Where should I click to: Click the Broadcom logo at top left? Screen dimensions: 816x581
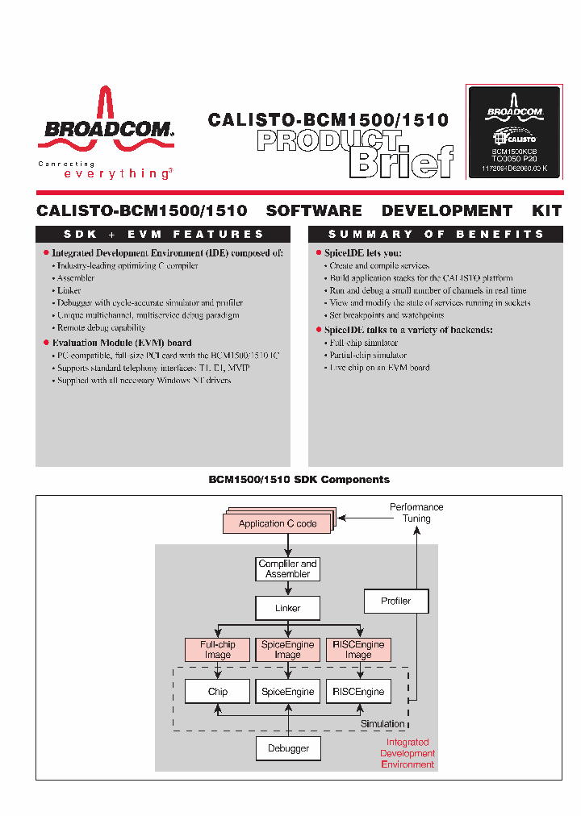pyautogui.click(x=105, y=129)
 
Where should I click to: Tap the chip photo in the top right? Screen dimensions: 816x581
pyautogui.click(x=514, y=131)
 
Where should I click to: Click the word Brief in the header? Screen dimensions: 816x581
pyautogui.click(x=400, y=162)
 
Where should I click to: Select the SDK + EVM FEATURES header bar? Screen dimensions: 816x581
pyautogui.click(x=164, y=235)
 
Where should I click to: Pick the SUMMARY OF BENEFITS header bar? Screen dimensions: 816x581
pyautogui.click(x=436, y=235)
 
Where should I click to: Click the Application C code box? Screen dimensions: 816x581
pyautogui.click(x=278, y=523)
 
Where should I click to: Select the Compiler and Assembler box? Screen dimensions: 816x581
pyautogui.click(x=288, y=568)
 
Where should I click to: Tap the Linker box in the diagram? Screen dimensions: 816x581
pyautogui.click(x=288, y=608)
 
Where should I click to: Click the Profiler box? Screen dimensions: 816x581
pyautogui.click(x=395, y=601)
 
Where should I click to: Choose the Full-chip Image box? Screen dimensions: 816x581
pyautogui.click(x=217, y=650)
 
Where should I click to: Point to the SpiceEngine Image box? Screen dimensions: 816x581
pyautogui.click(x=288, y=650)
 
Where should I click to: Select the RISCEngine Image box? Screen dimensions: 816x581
pyautogui.click(x=358, y=650)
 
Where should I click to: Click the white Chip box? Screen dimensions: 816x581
pyautogui.click(x=217, y=692)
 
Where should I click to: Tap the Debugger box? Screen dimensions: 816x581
pyautogui.click(x=288, y=748)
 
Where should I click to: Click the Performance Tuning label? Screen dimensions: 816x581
pyautogui.click(x=416, y=513)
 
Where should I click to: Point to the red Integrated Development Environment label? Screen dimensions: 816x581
pyautogui.click(x=408, y=753)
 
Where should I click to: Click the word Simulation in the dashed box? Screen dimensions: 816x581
pyautogui.click(x=382, y=724)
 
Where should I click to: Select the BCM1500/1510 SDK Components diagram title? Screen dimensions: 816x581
pyautogui.click(x=299, y=480)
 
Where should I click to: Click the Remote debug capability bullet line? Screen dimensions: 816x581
pyautogui.click(x=101, y=328)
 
